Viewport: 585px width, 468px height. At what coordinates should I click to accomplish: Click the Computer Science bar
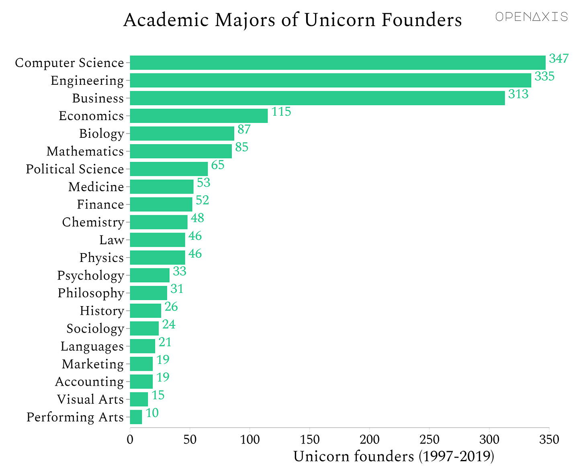(x=337, y=63)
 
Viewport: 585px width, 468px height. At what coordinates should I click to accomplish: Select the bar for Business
(x=317, y=98)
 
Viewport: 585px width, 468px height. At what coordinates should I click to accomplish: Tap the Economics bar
(x=199, y=116)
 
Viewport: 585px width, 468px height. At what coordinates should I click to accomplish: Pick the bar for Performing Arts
(x=136, y=417)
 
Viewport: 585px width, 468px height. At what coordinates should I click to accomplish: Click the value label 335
(x=544, y=76)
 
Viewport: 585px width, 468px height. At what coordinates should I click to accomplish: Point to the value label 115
(x=281, y=112)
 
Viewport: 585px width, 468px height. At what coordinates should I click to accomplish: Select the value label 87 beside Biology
(x=244, y=129)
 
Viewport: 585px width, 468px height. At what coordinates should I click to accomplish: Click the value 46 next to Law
(x=195, y=236)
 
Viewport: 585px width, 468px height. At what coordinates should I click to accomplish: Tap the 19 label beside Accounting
(x=163, y=377)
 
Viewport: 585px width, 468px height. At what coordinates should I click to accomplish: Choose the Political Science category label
(x=75, y=169)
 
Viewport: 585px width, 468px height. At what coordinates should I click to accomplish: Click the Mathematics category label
(x=85, y=151)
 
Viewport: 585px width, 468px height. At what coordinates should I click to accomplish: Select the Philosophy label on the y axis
(x=91, y=293)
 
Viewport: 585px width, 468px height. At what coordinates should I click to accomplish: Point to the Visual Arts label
(x=90, y=399)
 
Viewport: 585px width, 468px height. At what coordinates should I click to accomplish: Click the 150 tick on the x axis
(x=310, y=439)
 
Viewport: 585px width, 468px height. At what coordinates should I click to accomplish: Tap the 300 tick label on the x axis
(x=489, y=439)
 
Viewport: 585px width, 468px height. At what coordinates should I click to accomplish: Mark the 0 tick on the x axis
(x=130, y=439)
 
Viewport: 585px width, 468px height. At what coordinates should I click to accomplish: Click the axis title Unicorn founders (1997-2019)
(x=393, y=457)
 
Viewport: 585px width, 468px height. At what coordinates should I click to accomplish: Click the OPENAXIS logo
(x=531, y=17)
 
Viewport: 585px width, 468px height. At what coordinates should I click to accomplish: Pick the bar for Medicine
(x=162, y=187)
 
